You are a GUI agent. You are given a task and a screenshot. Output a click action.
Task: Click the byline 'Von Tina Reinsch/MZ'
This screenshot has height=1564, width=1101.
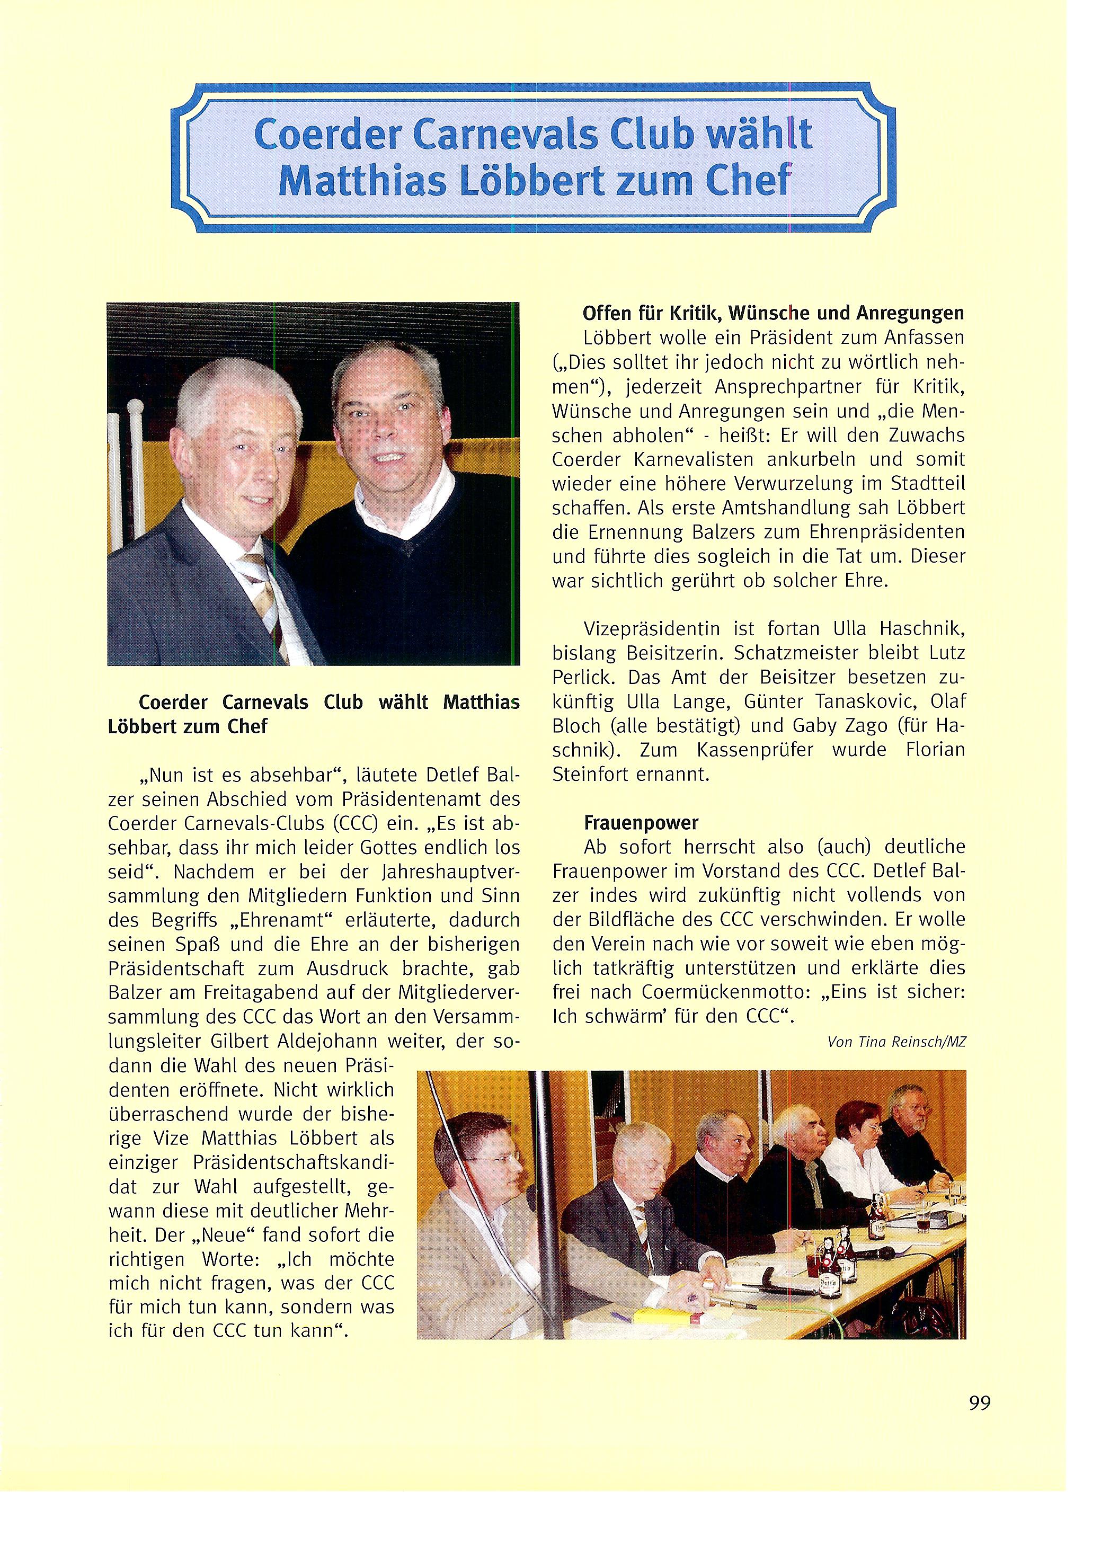coord(896,1042)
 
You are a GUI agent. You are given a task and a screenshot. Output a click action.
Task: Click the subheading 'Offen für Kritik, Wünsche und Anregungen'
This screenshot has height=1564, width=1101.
coord(773,313)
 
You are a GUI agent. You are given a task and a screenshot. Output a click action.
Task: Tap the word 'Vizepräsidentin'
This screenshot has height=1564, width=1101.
coord(635,627)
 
